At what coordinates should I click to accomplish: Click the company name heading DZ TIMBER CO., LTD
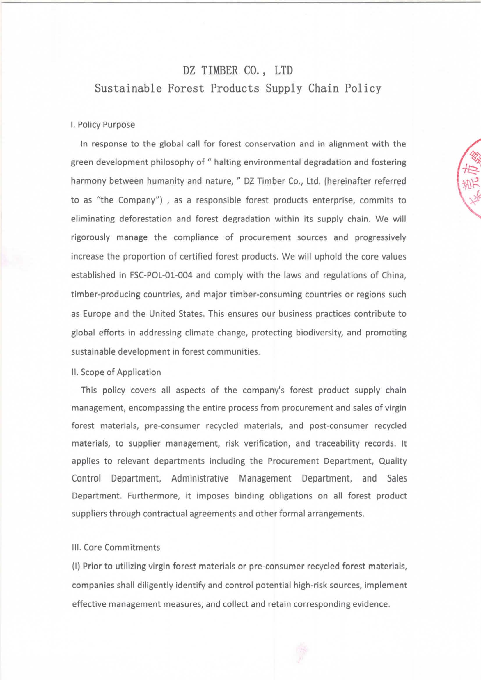[238, 70]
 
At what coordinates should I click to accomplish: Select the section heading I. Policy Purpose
[103, 125]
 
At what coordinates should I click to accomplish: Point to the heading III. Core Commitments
[116, 547]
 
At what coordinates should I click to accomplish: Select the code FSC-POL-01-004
[161, 276]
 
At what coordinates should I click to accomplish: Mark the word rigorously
[90, 237]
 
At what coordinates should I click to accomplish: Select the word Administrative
[200, 478]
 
